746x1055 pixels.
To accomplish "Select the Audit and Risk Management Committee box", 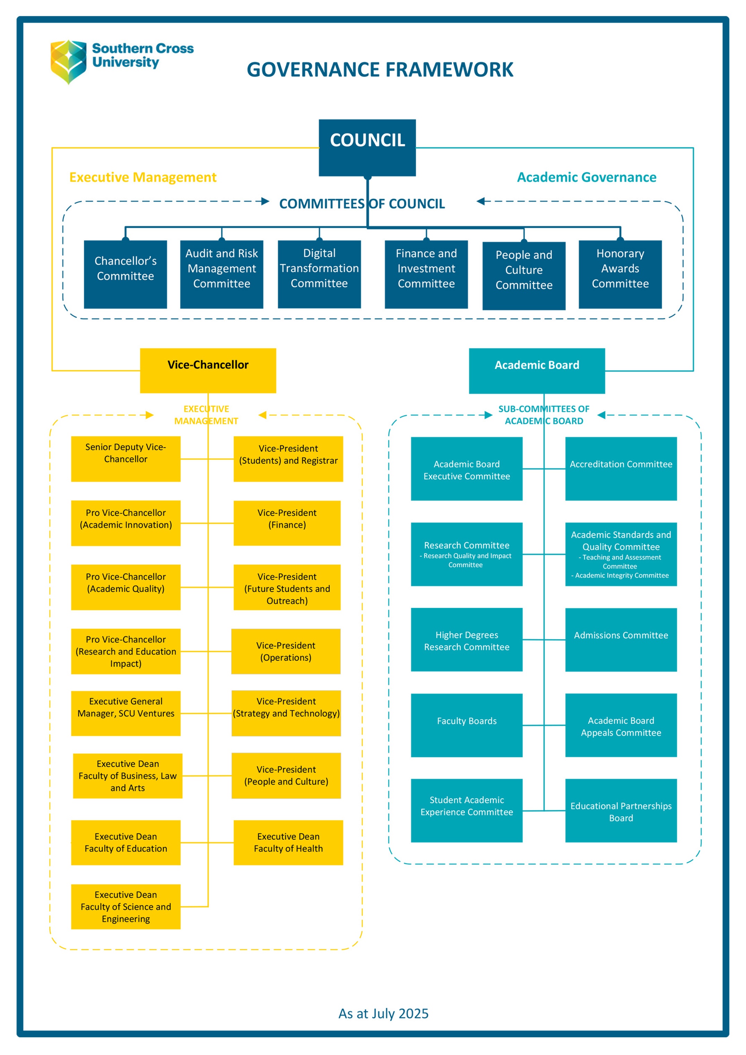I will pyautogui.click(x=222, y=274).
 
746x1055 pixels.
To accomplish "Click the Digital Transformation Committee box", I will pyautogui.click(x=319, y=274).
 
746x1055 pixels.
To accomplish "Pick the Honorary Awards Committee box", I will pyautogui.click(x=620, y=274).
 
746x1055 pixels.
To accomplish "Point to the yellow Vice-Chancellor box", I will pyautogui.click(x=208, y=370).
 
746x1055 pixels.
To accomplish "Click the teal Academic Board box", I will pyautogui.click(x=536, y=370).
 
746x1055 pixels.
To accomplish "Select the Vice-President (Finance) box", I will pyautogui.click(x=287, y=523).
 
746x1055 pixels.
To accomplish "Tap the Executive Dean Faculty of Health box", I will pyautogui.click(x=288, y=842).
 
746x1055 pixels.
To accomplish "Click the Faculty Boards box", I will pyautogui.click(x=467, y=725).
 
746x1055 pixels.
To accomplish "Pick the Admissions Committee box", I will pyautogui.click(x=621, y=639).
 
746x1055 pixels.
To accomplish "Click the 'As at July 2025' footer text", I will pyautogui.click(x=383, y=1013).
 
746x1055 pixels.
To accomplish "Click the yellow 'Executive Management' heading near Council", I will pyautogui.click(x=142, y=177).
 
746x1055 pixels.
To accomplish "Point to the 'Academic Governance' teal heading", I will pyautogui.click(x=587, y=177).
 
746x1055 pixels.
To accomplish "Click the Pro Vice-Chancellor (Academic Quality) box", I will pyautogui.click(x=125, y=587).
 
